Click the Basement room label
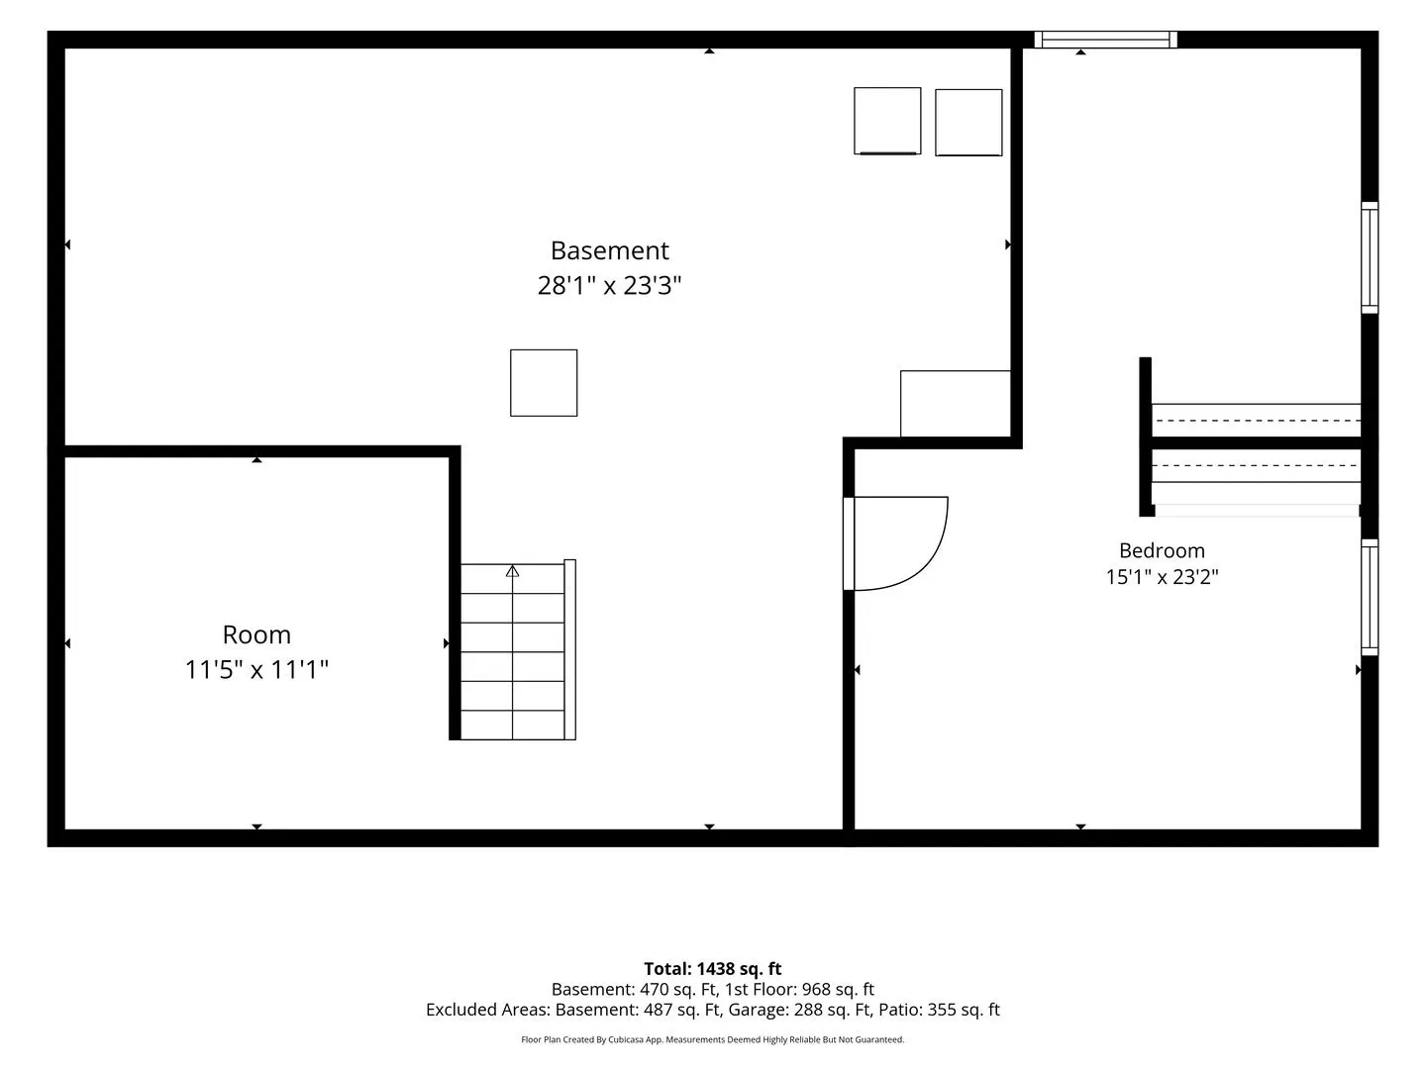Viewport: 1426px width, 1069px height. pyautogui.click(x=609, y=250)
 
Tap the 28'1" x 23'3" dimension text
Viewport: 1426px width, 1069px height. pyautogui.click(x=609, y=286)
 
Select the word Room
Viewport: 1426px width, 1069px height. pyautogui.click(x=256, y=634)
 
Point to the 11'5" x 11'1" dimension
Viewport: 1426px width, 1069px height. pyautogui.click(x=256, y=670)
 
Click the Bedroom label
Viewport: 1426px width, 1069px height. pyautogui.click(x=1162, y=551)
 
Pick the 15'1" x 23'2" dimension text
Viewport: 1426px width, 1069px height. pyautogui.click(x=1162, y=577)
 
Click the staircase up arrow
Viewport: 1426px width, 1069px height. pyautogui.click(x=513, y=571)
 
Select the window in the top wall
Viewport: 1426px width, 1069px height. pyautogui.click(x=1106, y=40)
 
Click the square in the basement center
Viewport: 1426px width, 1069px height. pyautogui.click(x=544, y=383)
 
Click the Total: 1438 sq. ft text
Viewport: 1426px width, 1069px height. pyautogui.click(x=713, y=969)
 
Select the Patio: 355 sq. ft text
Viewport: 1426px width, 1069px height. pyautogui.click(x=940, y=1010)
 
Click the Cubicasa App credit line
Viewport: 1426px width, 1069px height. pyautogui.click(x=713, y=1039)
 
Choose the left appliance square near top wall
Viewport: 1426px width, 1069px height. pyautogui.click(x=887, y=121)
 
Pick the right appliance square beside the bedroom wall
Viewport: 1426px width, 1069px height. pyautogui.click(x=968, y=123)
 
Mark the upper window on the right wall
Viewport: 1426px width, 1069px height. pyautogui.click(x=1370, y=257)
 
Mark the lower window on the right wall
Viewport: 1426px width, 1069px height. pyautogui.click(x=1370, y=597)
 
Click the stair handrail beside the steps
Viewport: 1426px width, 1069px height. pyautogui.click(x=569, y=649)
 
